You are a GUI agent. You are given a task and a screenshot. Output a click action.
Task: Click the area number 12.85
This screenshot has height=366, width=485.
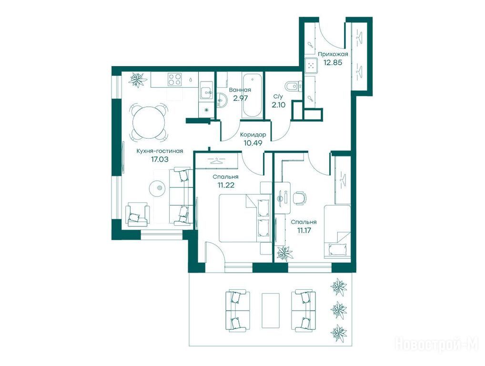pos(333,62)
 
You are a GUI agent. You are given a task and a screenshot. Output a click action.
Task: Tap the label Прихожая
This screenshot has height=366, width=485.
pos(333,54)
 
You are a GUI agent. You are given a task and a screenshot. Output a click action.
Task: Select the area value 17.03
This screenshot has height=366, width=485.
pos(160,159)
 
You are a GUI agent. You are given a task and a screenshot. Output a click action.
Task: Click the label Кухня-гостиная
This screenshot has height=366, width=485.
pos(160,151)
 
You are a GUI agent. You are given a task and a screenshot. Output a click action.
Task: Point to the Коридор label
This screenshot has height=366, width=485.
pos(253,135)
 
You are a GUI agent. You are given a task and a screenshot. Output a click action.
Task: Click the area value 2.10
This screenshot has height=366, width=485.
pos(278,105)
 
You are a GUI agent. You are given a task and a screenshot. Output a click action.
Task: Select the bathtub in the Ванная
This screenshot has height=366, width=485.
pos(253,96)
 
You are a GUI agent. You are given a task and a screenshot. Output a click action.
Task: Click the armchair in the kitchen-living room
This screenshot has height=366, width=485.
pos(138,214)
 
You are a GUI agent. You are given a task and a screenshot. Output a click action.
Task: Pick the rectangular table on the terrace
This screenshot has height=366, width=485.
pos(270,310)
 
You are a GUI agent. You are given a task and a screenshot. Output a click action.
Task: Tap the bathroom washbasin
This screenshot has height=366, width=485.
pos(222,99)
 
